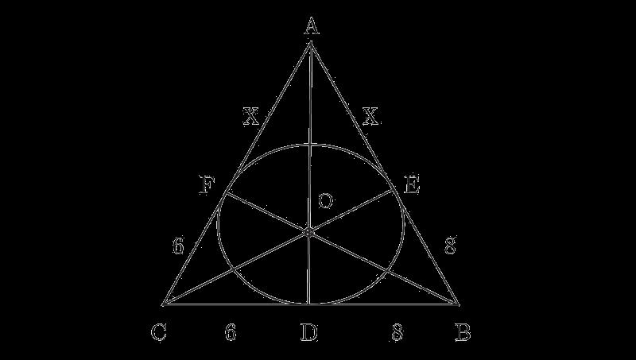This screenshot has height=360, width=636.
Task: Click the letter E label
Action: coord(412,186)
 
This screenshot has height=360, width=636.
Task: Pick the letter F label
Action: coord(207,186)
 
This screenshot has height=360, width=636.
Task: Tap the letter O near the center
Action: coord(325,202)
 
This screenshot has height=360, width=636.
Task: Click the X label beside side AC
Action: coord(251,118)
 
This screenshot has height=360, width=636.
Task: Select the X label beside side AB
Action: coord(370,118)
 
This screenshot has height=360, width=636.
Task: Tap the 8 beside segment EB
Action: coord(449,246)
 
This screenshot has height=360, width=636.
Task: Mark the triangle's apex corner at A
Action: coord(310,44)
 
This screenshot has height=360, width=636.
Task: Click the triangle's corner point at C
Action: coord(164,304)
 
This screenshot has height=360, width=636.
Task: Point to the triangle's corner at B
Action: coord(459,304)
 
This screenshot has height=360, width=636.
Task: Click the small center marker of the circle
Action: coord(308,231)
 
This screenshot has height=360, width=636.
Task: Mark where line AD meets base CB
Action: coord(308,304)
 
